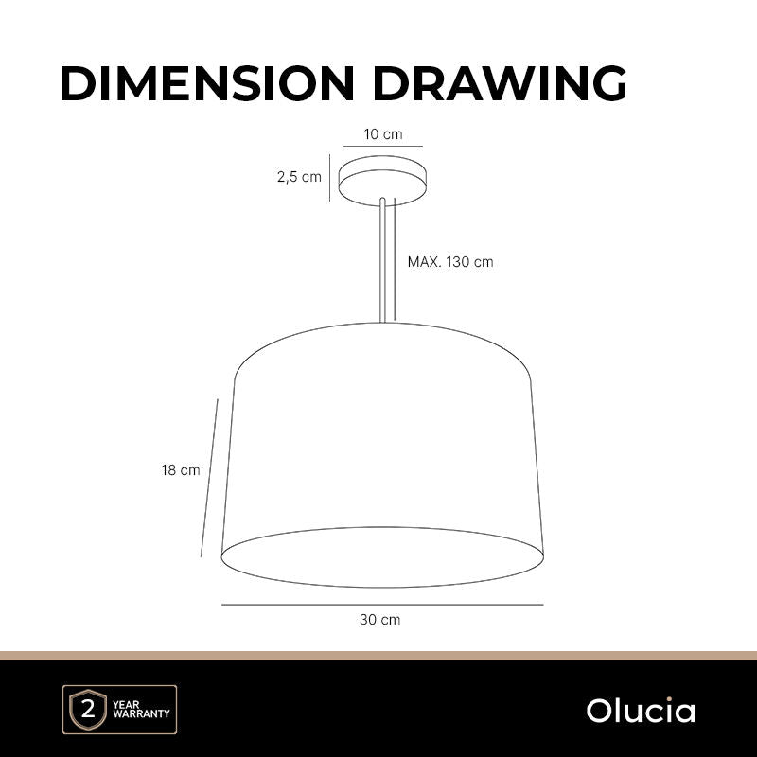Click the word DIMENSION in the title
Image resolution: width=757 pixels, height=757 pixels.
click(207, 83)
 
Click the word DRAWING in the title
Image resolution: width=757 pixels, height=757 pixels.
click(500, 83)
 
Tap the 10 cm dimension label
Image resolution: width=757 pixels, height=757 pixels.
click(383, 134)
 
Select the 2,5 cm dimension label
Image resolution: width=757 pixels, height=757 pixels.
click(299, 177)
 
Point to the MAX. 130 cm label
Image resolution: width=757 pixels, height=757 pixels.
click(450, 262)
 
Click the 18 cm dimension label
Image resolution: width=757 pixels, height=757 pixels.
click(181, 470)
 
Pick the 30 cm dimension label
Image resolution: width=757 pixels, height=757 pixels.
click(380, 620)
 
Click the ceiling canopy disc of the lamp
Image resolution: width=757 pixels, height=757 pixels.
click(382, 181)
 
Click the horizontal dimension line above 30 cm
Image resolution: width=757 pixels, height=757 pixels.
click(382, 604)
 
